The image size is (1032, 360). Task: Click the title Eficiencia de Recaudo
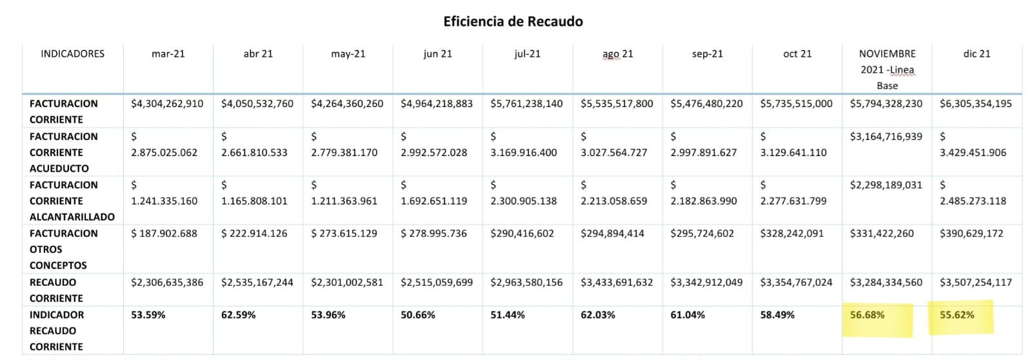[513, 21]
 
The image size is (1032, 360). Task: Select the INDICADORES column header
[72, 54]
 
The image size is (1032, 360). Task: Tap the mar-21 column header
[168, 54]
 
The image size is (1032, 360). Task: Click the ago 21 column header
[617, 54]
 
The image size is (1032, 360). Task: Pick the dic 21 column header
[977, 54]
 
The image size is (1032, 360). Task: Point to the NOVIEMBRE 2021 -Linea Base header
[887, 70]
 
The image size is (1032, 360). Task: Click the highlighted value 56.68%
[867, 315]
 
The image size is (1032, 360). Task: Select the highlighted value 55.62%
[957, 315]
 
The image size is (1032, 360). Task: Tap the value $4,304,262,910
[167, 103]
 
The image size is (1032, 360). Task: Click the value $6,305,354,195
[975, 103]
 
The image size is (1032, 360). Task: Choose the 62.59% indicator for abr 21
[238, 315]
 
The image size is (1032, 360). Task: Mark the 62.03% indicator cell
[597, 315]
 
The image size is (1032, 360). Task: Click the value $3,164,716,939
[886, 136]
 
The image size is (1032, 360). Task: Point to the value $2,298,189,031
[886, 185]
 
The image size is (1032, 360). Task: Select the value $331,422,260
[882, 233]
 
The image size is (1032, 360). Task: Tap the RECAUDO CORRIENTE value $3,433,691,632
[617, 282]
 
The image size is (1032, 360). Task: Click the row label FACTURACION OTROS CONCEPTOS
[63, 249]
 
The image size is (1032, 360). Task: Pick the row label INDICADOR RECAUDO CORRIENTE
[57, 330]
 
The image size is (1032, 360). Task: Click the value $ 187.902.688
[164, 233]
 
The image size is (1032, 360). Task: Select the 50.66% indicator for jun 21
[417, 315]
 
